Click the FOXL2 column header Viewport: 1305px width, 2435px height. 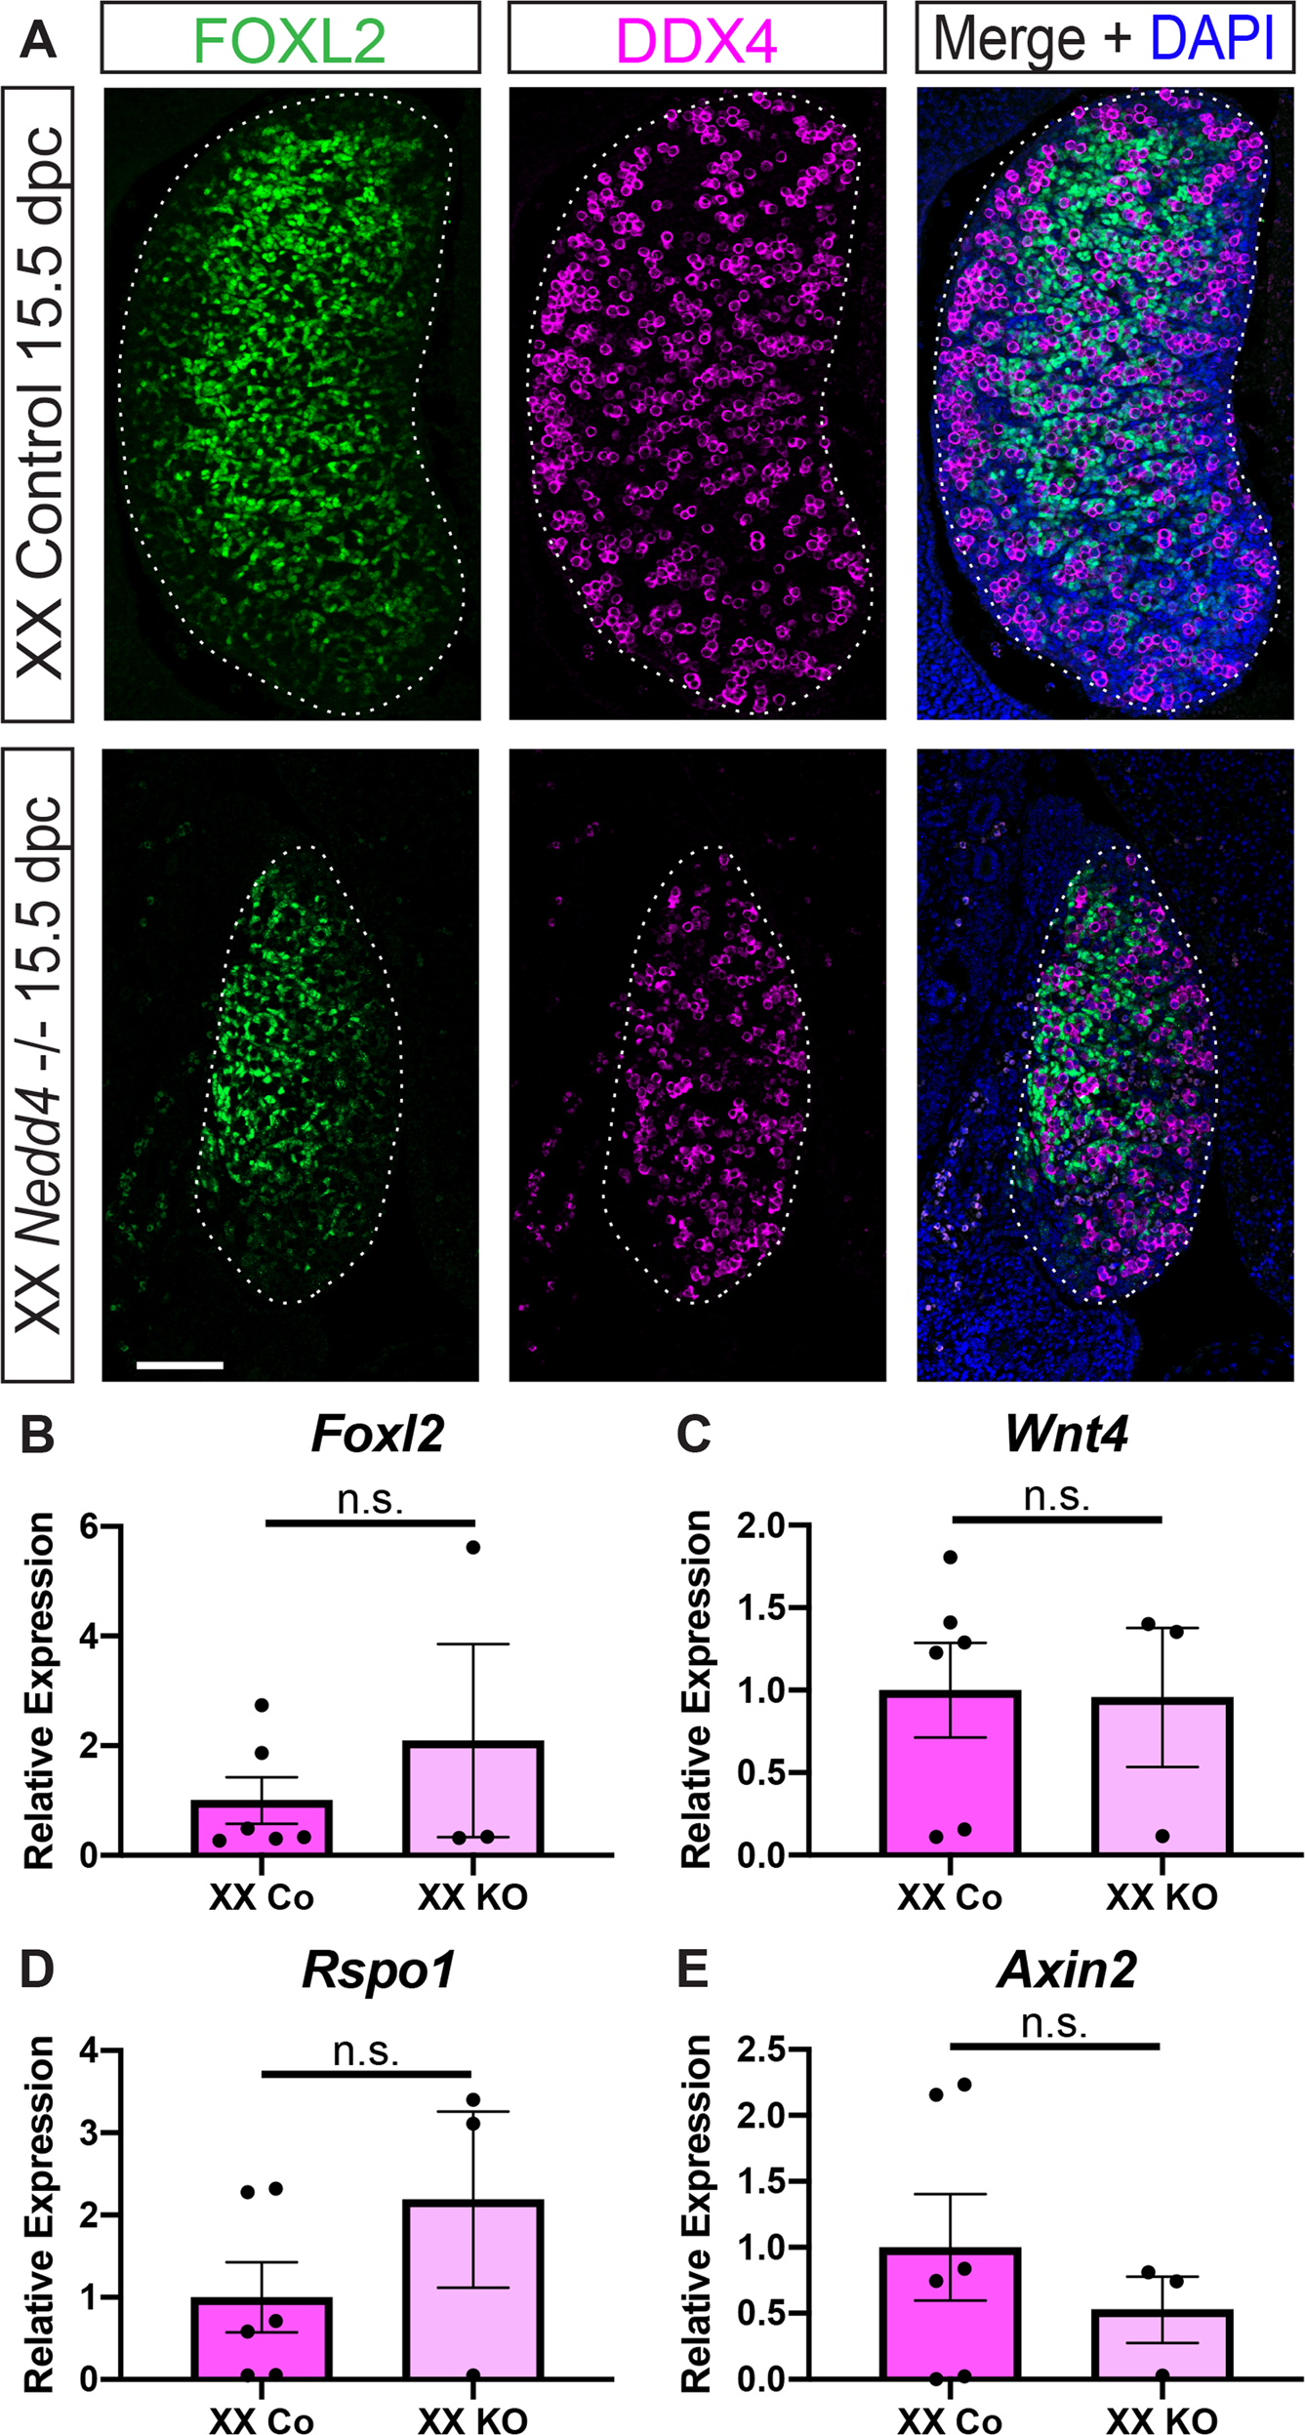(x=290, y=39)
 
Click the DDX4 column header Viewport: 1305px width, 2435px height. (x=696, y=39)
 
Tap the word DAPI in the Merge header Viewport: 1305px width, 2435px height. (x=1212, y=39)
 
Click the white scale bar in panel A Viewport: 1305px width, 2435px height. (x=180, y=1364)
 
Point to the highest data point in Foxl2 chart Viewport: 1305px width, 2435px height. (x=473, y=1547)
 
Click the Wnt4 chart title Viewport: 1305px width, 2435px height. (x=1066, y=1434)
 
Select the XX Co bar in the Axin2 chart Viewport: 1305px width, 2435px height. (x=950, y=2314)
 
